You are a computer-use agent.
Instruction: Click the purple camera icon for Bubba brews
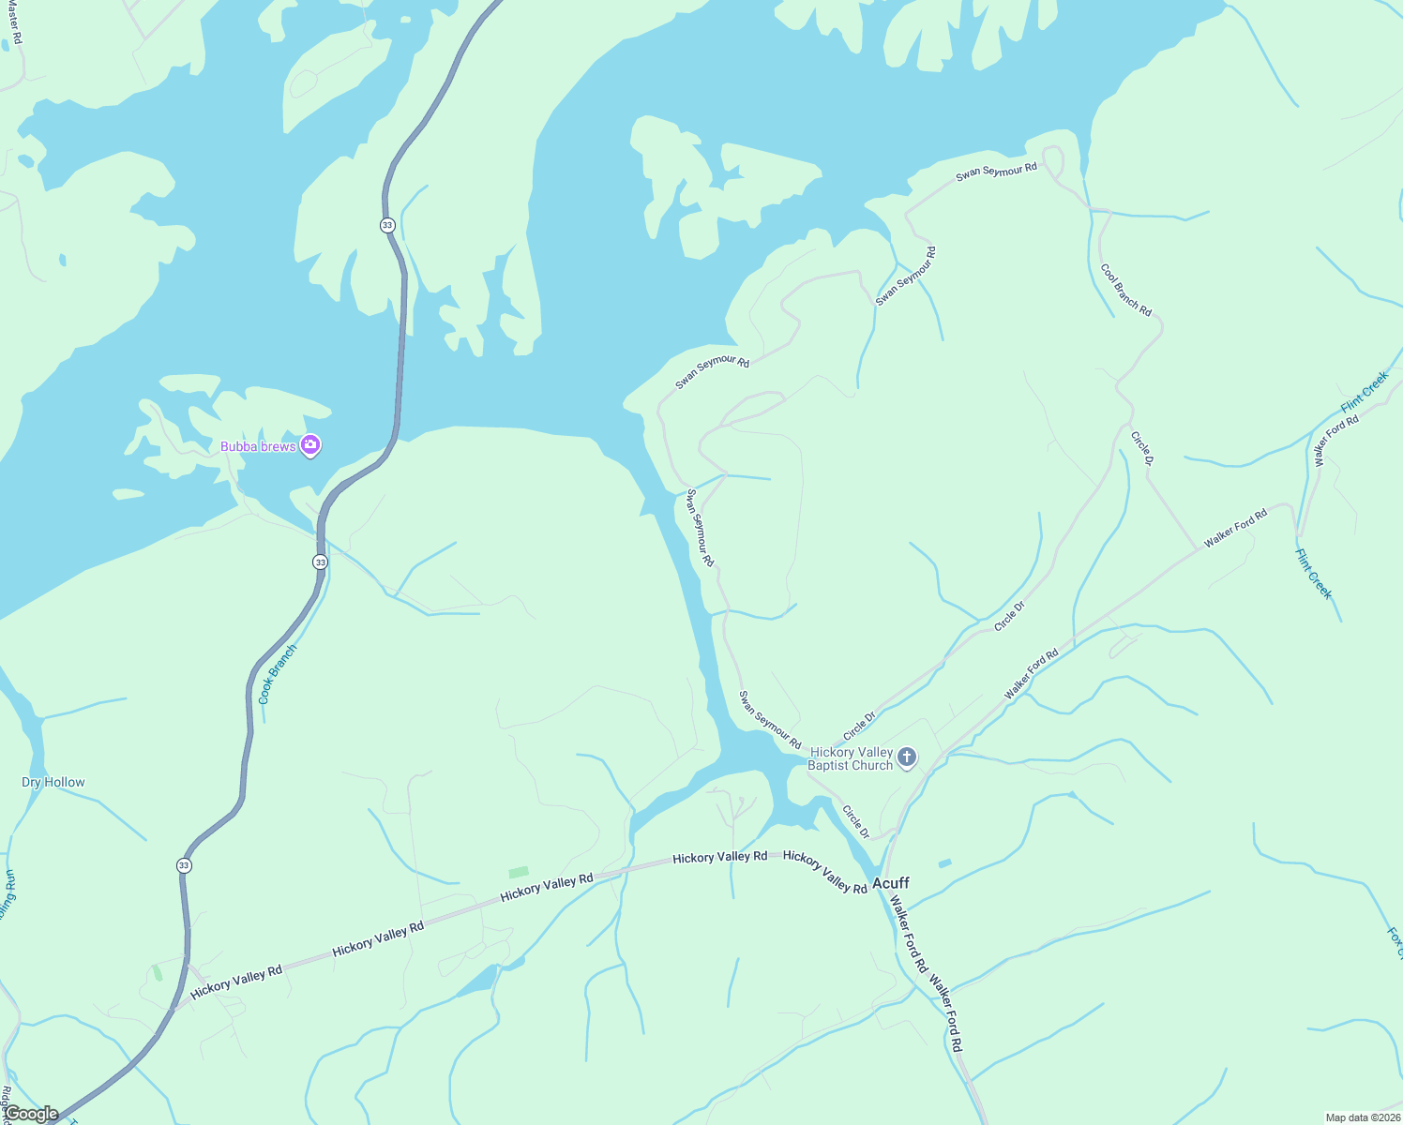click(310, 446)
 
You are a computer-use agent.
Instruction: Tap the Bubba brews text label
click(258, 446)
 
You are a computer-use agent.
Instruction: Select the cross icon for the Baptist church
click(906, 757)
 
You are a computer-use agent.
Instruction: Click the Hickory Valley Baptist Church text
click(851, 758)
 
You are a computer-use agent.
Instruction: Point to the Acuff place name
click(890, 883)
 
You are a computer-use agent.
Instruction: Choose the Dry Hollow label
click(53, 782)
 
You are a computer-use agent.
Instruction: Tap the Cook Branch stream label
click(277, 674)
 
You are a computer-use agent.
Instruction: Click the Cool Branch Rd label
click(1126, 290)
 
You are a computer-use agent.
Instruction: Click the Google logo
click(31, 1114)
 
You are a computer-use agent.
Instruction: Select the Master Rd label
click(13, 23)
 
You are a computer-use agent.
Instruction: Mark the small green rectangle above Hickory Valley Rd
click(519, 872)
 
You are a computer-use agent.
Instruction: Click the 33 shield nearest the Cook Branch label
click(321, 562)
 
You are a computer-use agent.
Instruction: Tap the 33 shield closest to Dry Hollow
click(184, 865)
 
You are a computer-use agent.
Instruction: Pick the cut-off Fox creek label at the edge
click(1395, 943)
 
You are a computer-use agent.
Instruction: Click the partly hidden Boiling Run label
click(8, 894)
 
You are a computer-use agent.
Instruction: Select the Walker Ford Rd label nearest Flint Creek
click(1335, 441)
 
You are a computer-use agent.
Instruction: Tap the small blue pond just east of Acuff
click(944, 862)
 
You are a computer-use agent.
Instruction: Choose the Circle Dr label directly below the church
click(855, 821)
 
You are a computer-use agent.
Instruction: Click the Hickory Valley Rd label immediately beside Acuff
click(825, 872)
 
